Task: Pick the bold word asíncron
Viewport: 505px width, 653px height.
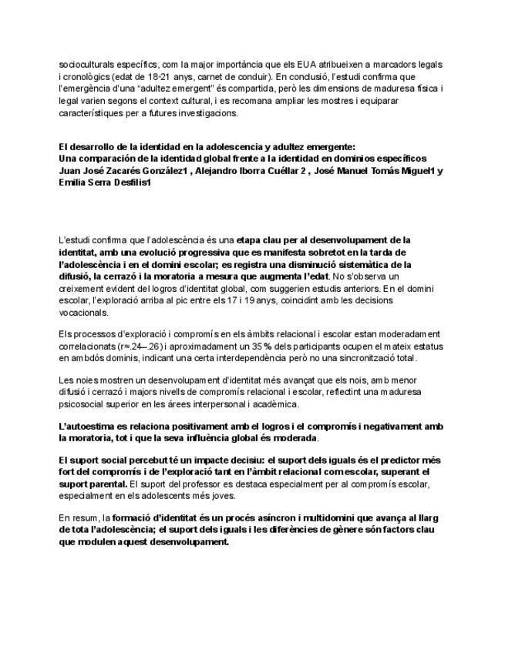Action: tap(264, 519)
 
